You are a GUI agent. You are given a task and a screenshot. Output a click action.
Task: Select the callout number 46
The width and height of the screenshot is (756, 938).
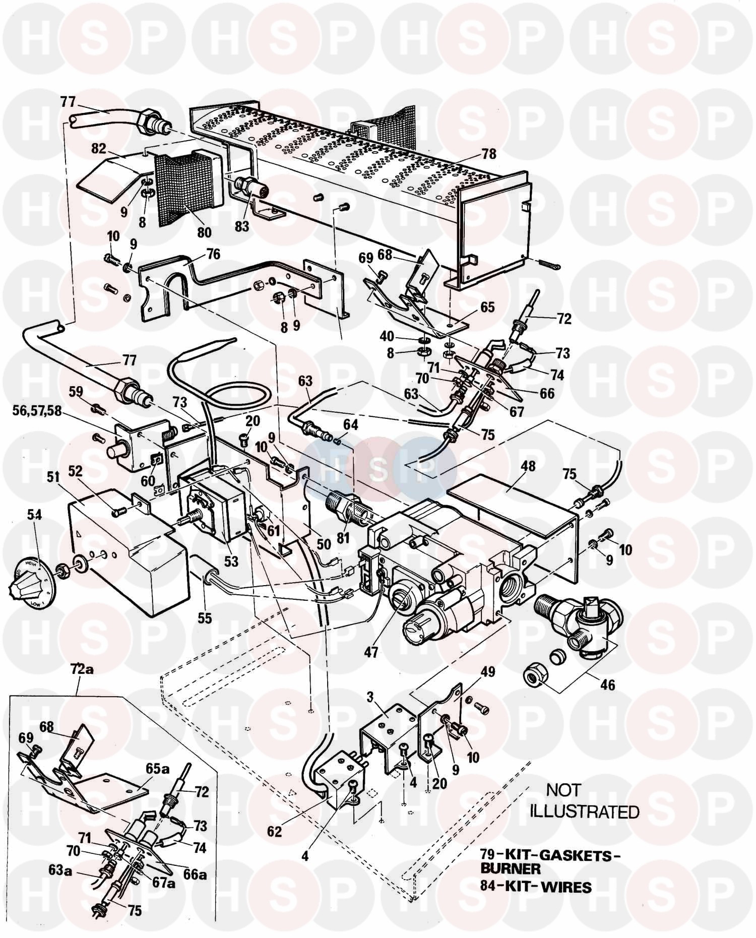coord(607,685)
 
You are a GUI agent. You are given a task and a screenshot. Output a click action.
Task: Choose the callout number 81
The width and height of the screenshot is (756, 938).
coord(343,538)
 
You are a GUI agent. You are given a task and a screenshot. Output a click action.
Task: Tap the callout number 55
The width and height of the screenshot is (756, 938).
coord(204,617)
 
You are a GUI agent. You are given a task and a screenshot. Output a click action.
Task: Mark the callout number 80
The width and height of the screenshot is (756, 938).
coord(204,232)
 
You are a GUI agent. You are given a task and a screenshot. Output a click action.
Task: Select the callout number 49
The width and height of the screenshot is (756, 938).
coord(488,671)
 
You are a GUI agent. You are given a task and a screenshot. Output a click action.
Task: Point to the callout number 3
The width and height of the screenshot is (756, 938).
coord(369,698)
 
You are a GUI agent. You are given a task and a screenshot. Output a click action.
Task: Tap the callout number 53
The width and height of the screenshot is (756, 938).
coord(231,560)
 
